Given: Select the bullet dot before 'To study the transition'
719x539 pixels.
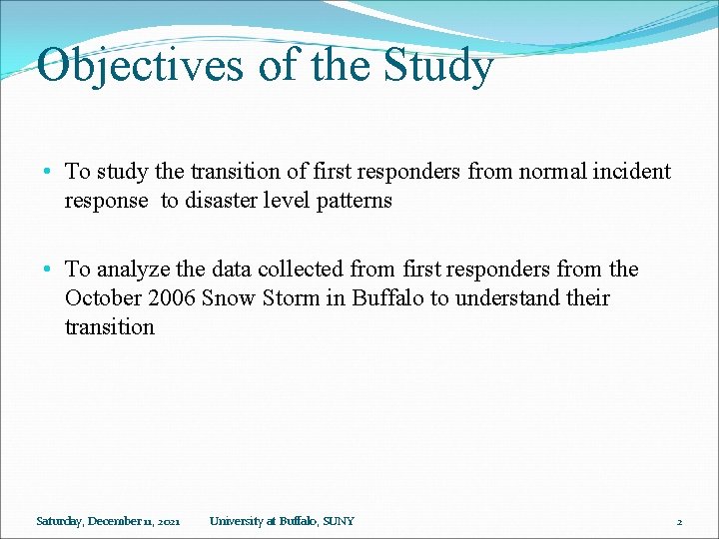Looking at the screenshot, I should click(51, 172).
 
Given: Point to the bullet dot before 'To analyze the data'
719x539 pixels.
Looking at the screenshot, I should click(51, 269).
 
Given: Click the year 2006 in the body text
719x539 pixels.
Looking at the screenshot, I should click(171, 298).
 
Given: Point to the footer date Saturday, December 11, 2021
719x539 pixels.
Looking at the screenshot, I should click(108, 521).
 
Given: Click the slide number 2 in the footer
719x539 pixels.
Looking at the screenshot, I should click(679, 521).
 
